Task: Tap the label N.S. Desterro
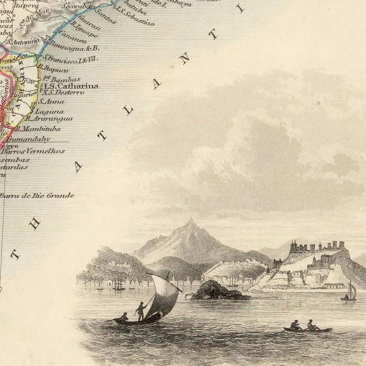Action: coord(63,92)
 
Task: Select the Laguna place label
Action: coord(50,112)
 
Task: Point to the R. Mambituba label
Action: coord(38,129)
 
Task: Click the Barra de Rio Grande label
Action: coord(37,196)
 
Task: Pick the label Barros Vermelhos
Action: coord(33,151)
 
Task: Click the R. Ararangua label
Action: coord(49,119)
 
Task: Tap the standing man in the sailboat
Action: coord(141,311)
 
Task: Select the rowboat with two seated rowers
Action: coord(307,328)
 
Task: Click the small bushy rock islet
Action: coord(217,291)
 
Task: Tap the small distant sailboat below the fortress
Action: coord(350,293)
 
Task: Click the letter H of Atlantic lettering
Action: coord(35,224)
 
